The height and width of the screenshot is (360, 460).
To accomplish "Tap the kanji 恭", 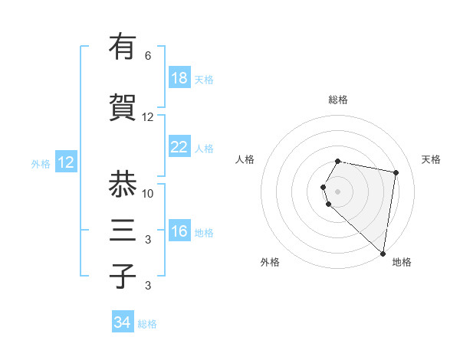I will pos(123,184).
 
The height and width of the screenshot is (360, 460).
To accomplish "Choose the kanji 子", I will pos(123,276).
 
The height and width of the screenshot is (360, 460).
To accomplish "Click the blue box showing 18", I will pos(179,78).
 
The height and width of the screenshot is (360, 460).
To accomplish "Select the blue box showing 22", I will pos(179,147).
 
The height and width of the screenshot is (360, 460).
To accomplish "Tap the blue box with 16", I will pos(179,231).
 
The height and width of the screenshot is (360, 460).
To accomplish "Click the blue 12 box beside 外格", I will pos(66,162).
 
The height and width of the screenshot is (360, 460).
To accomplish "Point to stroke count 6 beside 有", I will pos(148,56).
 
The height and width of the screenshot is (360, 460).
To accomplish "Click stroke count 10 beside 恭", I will pos(148,193).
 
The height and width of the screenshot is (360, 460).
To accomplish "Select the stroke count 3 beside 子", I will pos(148,286).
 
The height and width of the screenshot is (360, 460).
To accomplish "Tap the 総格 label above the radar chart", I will pos(338,100).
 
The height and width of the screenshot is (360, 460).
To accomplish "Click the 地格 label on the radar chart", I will pos(402,262).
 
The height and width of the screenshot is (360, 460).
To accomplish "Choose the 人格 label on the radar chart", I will pos(245,159).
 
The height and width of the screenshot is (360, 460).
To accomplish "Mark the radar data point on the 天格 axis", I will pos(396,173).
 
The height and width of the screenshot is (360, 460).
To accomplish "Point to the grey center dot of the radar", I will pos(338,190).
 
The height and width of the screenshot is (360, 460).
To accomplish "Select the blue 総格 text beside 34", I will pos(147,324).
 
